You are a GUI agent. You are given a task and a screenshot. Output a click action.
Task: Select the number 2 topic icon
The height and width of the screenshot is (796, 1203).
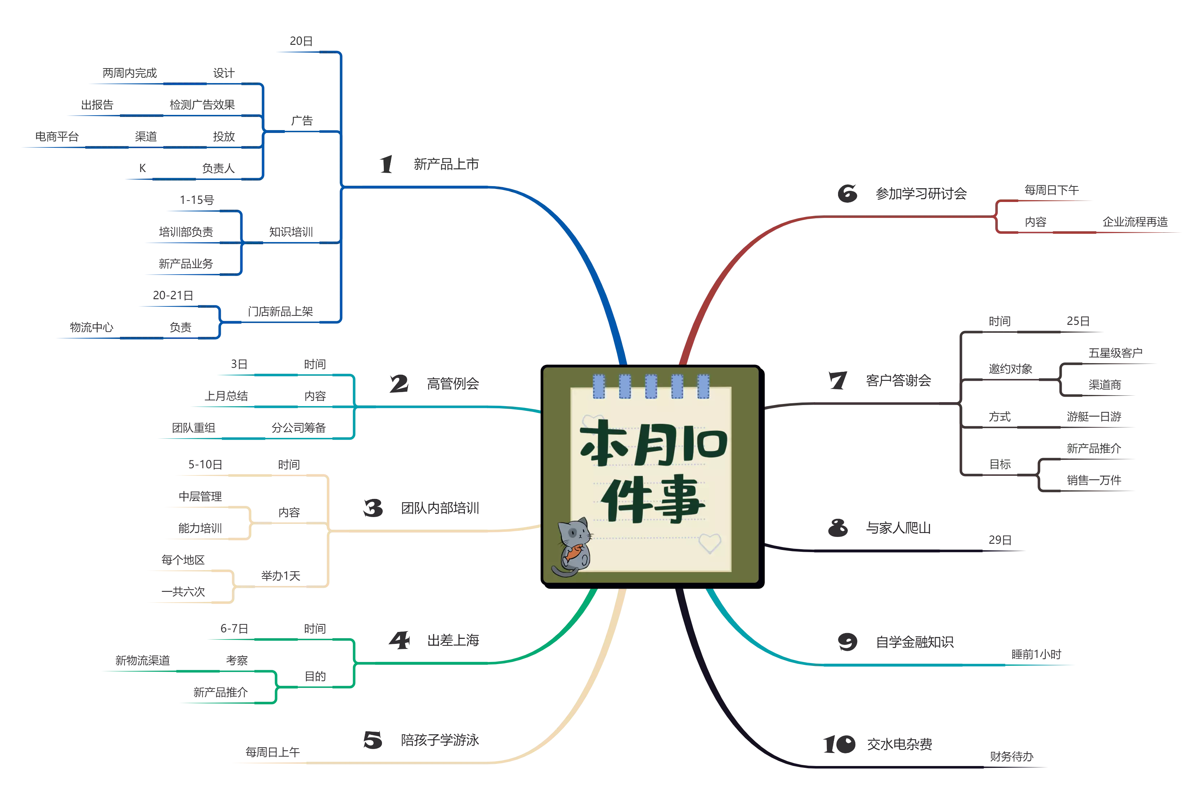[399, 384]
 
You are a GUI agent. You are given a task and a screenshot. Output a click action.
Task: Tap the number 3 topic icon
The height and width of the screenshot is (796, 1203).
[373, 508]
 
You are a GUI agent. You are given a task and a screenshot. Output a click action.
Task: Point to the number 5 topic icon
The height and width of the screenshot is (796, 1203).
[372, 740]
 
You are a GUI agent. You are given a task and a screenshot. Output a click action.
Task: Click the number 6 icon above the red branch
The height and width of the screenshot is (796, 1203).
[847, 193]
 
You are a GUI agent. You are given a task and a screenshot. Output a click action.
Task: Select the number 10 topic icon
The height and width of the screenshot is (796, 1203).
[838, 744]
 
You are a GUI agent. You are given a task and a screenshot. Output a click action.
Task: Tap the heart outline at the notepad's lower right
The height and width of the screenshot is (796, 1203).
[710, 543]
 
